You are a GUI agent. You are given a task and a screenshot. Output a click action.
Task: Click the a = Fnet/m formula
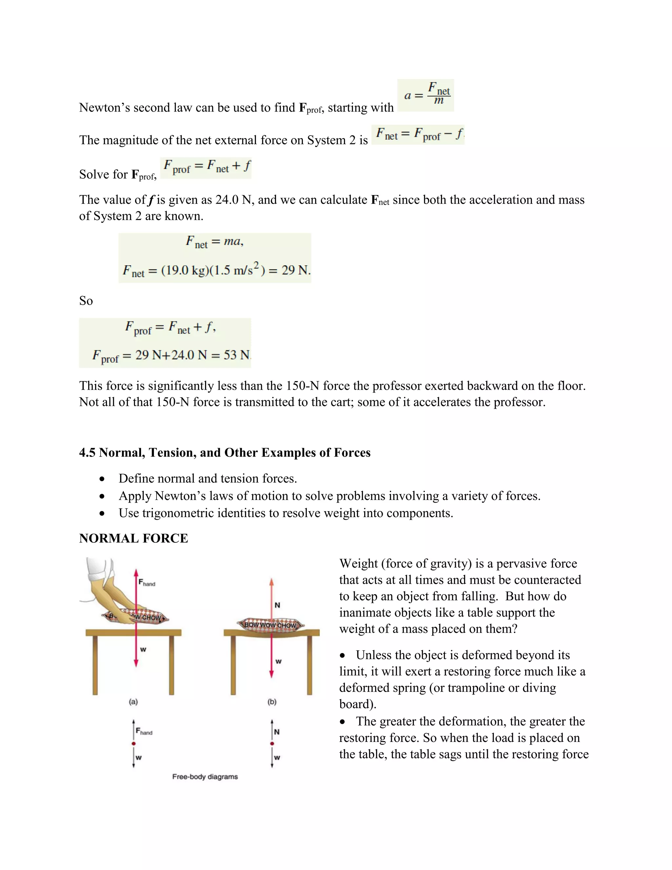(426, 95)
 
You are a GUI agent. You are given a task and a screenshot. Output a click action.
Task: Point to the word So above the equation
(86, 301)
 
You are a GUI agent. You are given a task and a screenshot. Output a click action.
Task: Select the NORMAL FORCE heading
(133, 538)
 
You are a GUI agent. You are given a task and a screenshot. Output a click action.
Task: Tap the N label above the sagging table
(278, 605)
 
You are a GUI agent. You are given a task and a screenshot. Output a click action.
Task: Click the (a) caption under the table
(133, 702)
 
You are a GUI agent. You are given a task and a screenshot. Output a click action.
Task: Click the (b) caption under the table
(272, 702)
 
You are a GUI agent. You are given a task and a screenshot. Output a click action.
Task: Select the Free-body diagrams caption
(205, 776)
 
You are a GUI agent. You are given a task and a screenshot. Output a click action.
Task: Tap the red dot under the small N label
(272, 743)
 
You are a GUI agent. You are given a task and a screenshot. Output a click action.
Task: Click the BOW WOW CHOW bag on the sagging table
(271, 625)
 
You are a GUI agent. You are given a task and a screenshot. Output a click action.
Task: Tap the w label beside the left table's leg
(143, 650)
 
